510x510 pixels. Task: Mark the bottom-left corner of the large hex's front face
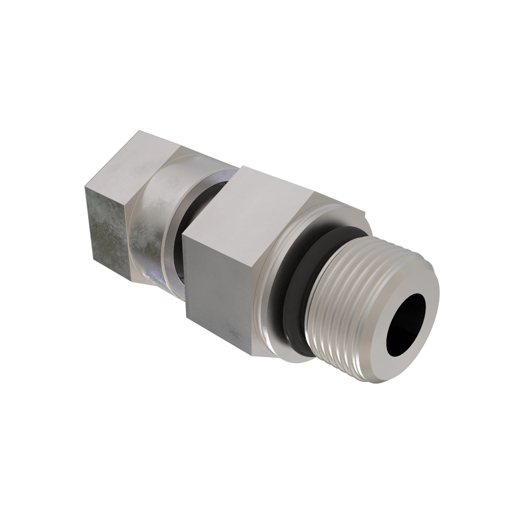click(187, 317)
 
